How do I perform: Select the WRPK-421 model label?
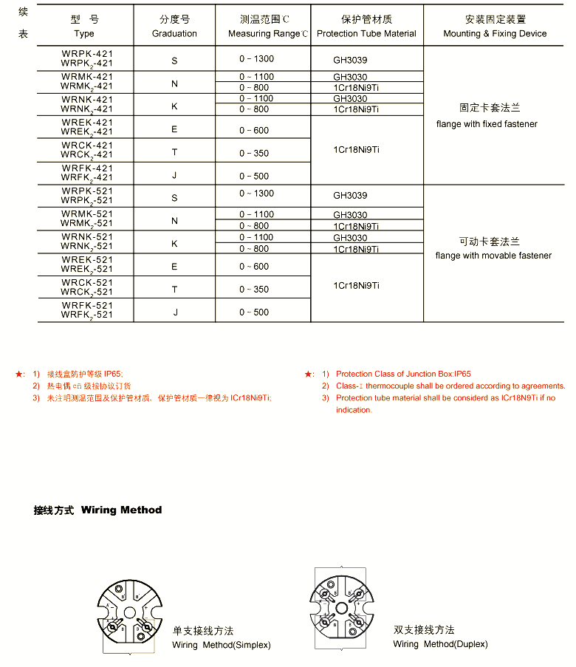(87, 55)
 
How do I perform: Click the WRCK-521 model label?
(87, 283)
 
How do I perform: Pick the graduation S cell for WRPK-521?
(175, 198)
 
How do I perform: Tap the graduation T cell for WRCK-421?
(175, 152)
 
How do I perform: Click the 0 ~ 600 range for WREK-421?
(254, 130)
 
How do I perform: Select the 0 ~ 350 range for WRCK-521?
(254, 290)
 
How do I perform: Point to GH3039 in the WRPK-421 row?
(350, 60)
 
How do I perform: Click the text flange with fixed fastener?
(487, 124)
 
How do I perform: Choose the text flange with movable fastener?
(493, 256)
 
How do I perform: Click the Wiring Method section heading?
(97, 510)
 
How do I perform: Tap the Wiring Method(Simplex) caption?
(222, 645)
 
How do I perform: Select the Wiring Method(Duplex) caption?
(440, 644)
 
